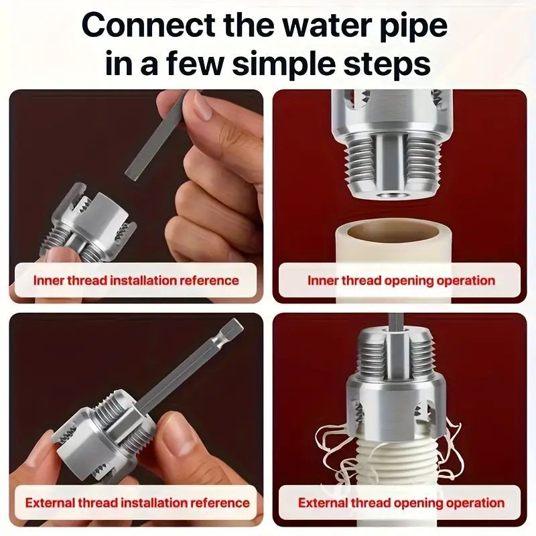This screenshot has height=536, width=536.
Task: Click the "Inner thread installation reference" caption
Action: coord(136,280)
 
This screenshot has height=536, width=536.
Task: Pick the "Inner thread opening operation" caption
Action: coord(401,280)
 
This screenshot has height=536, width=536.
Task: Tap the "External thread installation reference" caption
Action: coord(137,503)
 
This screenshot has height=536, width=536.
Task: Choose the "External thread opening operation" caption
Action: coord(401,503)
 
